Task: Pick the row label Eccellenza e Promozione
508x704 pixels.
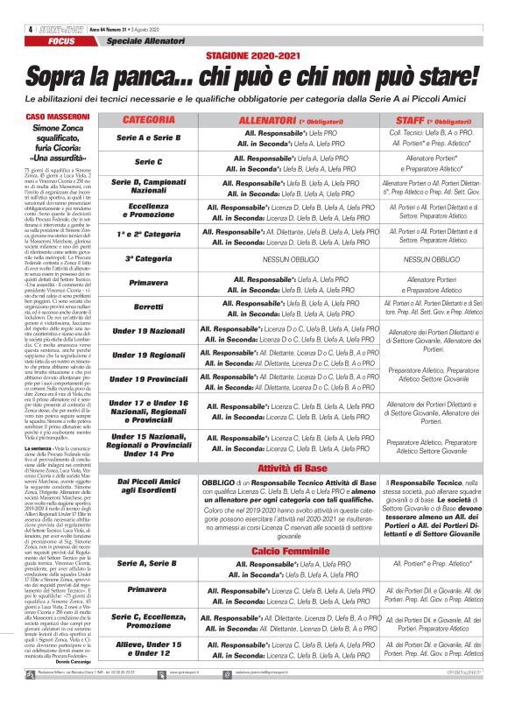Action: pos(148,211)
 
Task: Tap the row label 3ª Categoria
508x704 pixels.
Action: pos(148,259)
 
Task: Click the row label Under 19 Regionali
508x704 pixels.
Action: pos(148,356)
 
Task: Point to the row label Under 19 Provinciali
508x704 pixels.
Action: pos(148,380)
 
